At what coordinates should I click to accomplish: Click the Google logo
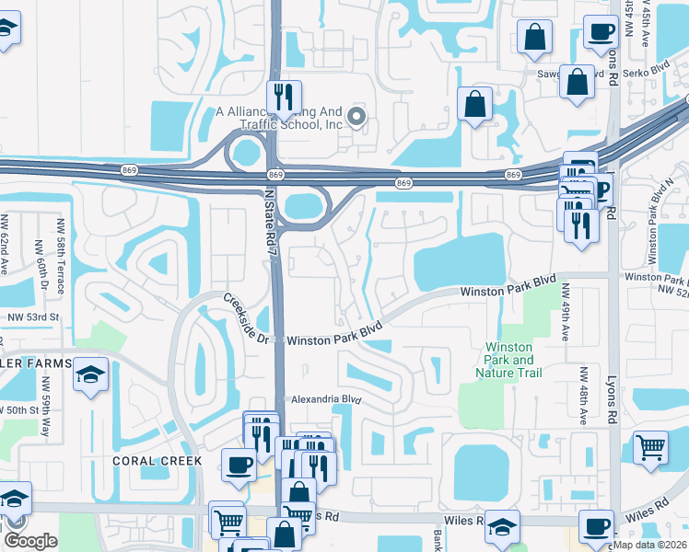click(x=30, y=540)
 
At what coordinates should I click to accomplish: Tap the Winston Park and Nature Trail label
click(x=509, y=360)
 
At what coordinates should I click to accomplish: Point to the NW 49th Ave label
click(x=564, y=313)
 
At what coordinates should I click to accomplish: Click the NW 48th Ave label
click(x=584, y=396)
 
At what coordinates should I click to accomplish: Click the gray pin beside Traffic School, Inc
click(x=356, y=117)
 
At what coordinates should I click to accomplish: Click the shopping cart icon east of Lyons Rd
click(x=650, y=446)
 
